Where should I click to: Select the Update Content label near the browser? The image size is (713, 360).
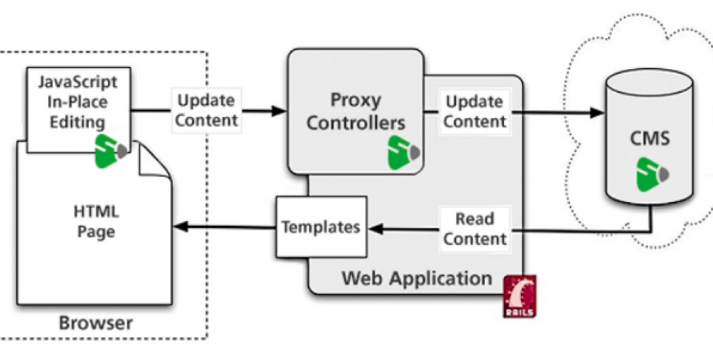(206, 110)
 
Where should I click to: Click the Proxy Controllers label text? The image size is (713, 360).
(356, 111)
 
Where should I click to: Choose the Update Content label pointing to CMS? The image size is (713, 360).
(475, 111)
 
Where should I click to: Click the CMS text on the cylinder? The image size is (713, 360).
(649, 138)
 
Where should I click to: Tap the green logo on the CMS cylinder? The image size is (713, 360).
(650, 174)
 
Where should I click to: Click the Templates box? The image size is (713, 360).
(321, 227)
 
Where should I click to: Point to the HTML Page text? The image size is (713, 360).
(96, 222)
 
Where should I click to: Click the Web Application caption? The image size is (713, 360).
(417, 279)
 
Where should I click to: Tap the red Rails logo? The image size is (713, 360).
(520, 296)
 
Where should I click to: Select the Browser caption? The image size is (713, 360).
(96, 323)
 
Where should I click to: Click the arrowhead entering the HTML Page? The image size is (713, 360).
(180, 227)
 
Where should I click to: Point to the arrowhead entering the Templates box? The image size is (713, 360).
(375, 228)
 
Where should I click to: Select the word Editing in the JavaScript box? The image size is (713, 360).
(77, 122)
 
